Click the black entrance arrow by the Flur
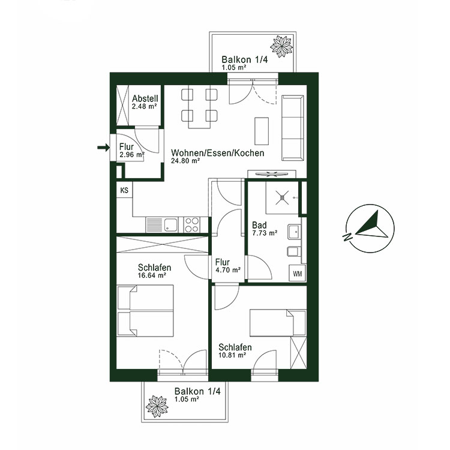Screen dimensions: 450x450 pyautogui.click(x=103, y=146)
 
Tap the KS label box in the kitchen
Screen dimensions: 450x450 pyautogui.click(x=124, y=191)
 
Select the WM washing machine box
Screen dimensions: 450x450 pyautogui.click(x=297, y=274)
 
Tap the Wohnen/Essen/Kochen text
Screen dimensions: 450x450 pyautogui.click(x=217, y=153)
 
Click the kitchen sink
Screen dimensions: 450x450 pyautogui.click(x=171, y=225)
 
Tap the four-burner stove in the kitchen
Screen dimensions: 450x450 pyautogui.click(x=192, y=224)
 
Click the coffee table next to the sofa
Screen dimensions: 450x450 pyautogui.click(x=262, y=130)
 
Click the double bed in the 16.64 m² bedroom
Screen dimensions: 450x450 pyautogui.click(x=146, y=311)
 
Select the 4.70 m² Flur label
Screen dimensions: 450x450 pyautogui.click(x=227, y=266)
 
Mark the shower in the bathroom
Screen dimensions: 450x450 pyautogui.click(x=279, y=196)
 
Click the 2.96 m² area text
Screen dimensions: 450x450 pyautogui.click(x=132, y=154)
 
